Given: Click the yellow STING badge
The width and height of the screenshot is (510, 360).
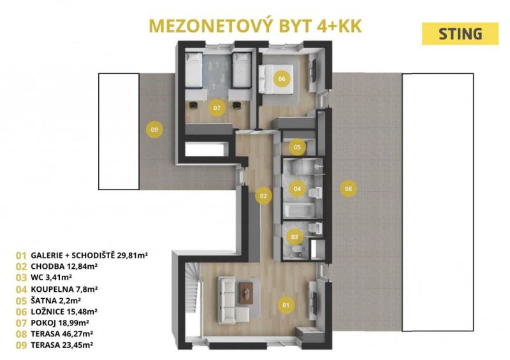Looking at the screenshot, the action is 460,34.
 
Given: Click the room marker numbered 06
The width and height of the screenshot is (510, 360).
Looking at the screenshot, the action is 282,78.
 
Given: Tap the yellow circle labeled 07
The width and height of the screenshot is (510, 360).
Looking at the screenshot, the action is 217,108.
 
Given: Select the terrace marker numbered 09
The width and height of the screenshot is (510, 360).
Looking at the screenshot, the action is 154,129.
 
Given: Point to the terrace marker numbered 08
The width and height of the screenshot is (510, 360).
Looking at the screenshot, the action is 348,189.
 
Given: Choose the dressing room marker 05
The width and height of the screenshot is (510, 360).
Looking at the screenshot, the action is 297,147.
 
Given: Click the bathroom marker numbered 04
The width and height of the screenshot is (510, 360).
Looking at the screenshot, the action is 297,189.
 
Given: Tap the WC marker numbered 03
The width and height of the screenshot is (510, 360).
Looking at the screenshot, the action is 295,237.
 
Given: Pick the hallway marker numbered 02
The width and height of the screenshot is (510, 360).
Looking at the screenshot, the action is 263,196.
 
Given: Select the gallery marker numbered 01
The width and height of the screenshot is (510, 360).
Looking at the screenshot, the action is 286,305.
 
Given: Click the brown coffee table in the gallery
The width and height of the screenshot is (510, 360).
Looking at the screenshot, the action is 246,293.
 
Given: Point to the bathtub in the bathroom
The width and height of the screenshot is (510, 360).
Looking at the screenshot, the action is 299,210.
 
